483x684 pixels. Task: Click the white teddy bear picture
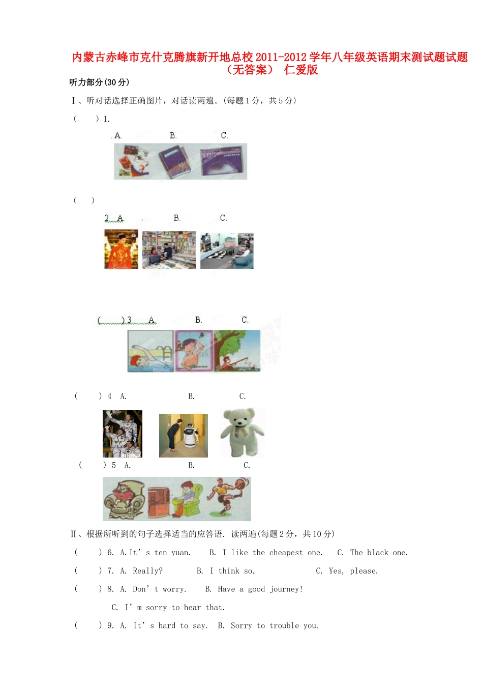[243, 433]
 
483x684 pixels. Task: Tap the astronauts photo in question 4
[123, 434]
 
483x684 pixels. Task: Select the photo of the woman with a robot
[184, 436]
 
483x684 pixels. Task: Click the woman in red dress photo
[121, 249]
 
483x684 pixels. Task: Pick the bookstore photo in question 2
[169, 250]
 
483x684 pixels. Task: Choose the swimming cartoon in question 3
[150, 351]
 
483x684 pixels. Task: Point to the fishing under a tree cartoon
[237, 351]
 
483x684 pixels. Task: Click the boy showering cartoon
[194, 351]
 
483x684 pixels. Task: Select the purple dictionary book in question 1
[174, 161]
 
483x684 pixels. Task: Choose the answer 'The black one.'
[379, 553]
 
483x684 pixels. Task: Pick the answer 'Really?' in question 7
[147, 571]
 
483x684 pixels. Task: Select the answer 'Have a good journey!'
[260, 589]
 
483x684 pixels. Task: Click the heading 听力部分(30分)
[99, 82]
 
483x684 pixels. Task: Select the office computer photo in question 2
[227, 251]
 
